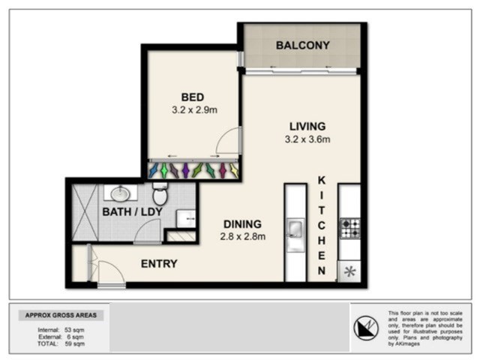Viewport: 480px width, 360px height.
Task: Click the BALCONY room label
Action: [x=303, y=45]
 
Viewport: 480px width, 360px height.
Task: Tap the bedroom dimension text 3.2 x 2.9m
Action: [x=194, y=110]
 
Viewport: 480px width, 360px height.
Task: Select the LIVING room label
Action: [x=307, y=127]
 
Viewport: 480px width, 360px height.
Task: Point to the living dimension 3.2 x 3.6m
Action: [x=307, y=139]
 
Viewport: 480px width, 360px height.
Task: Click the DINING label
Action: [x=242, y=224]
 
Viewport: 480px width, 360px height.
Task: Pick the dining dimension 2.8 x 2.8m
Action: [x=242, y=237]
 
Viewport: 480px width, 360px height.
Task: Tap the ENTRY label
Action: [x=159, y=264]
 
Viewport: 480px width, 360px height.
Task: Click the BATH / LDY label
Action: [x=132, y=211]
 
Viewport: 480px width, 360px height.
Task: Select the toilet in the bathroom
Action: [x=160, y=193]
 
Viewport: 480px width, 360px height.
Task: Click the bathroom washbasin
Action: [x=120, y=193]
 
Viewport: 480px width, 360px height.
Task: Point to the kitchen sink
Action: [x=295, y=228]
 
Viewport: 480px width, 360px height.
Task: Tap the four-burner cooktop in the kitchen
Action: [x=350, y=228]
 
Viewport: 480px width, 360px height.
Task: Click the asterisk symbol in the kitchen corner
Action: [x=349, y=271]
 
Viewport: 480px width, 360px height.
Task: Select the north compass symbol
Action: [x=366, y=328]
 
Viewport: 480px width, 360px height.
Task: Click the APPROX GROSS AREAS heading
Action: [x=61, y=315]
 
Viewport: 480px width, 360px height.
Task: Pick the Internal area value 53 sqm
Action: [x=74, y=330]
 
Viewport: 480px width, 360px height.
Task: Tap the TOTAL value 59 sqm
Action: [x=74, y=343]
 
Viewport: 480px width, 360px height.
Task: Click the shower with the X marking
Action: [x=85, y=211]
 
